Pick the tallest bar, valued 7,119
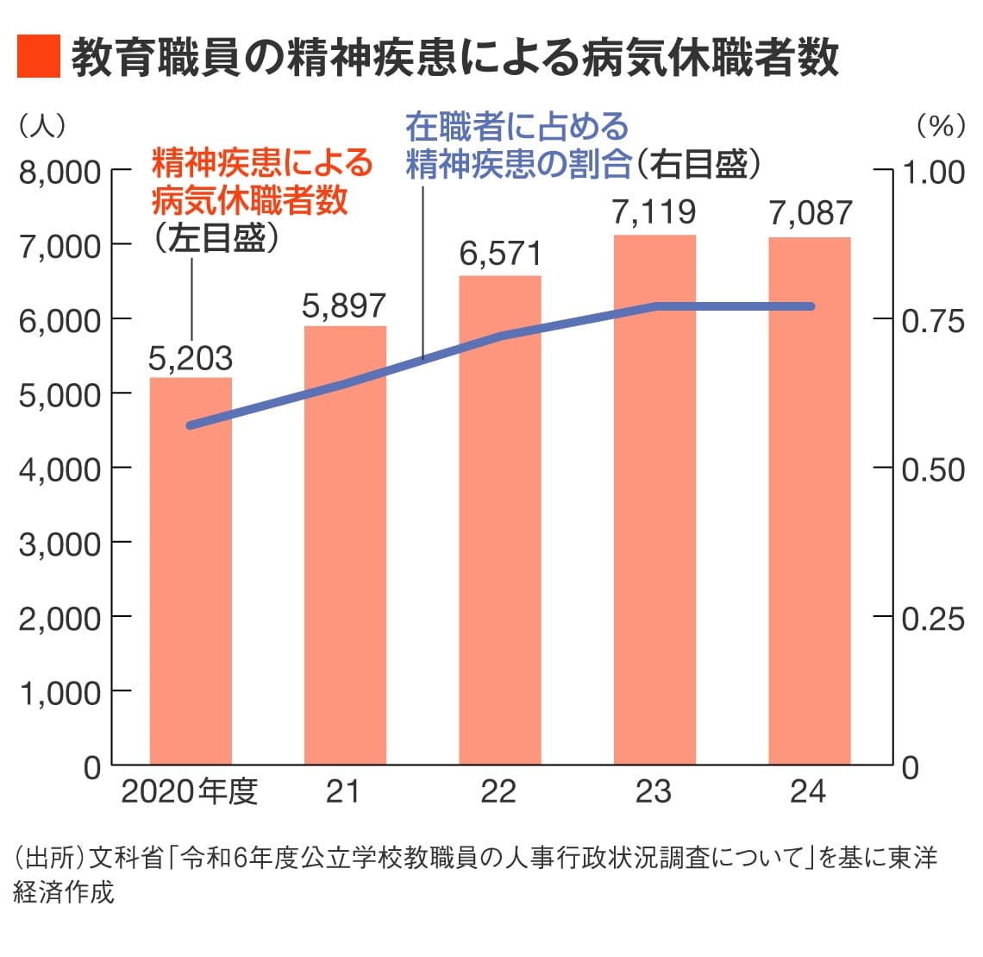[x=654, y=500]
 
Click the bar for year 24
[x=810, y=501]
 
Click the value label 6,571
[x=500, y=255]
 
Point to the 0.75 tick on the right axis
[x=932, y=321]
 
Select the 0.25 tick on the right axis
[x=932, y=619]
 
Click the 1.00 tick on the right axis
[x=932, y=172]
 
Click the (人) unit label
[x=41, y=127]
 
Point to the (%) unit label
[x=941, y=127]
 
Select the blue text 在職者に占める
[x=517, y=127]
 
